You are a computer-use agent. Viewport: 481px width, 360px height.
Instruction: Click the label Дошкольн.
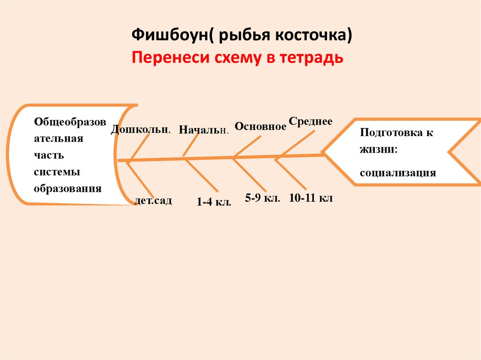coord(140,130)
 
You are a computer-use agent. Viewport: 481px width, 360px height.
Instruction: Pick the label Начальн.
coord(204,130)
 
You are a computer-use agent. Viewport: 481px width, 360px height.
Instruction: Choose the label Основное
coord(260,126)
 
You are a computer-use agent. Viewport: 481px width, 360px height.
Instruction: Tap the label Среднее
coord(310,121)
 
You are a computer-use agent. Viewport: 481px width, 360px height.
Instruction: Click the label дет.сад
coord(153,201)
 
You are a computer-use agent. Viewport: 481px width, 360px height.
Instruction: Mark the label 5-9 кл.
coord(263,198)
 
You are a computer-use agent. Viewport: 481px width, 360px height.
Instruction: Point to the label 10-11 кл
coord(311,198)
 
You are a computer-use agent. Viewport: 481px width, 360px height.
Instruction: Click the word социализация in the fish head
coord(398,173)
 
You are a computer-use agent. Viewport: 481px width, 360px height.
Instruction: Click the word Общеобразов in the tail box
coord(70,122)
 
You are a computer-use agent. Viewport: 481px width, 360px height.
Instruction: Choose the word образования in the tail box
coord(68,189)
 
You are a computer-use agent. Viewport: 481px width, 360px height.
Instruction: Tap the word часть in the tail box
coord(48,155)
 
